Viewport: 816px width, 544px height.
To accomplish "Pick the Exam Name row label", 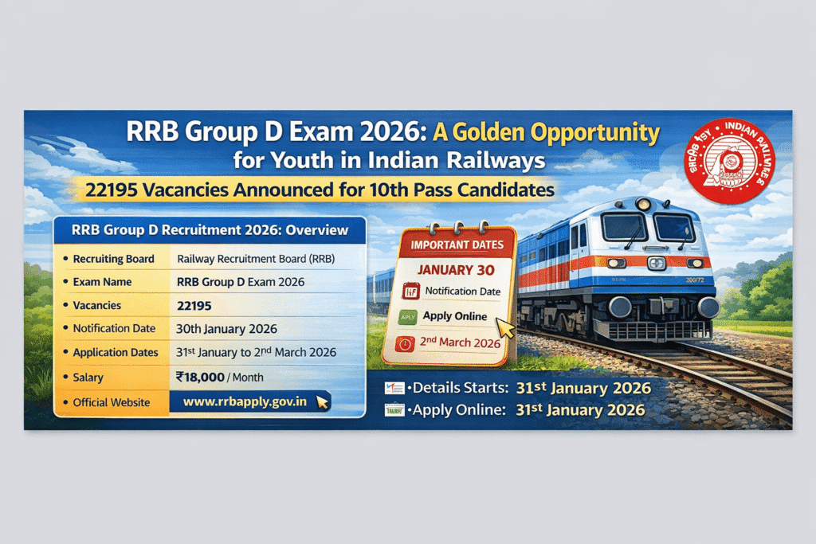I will tap(102, 282).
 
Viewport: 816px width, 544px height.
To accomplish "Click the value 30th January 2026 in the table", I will tap(226, 329).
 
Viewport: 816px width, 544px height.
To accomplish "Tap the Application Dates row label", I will tap(116, 352).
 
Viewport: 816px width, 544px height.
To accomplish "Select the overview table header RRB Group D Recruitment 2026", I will tap(210, 230).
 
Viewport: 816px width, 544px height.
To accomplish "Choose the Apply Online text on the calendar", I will tap(455, 316).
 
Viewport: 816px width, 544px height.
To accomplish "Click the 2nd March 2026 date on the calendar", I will tap(461, 343).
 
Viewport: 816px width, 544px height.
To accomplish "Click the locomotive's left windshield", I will tap(624, 227).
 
